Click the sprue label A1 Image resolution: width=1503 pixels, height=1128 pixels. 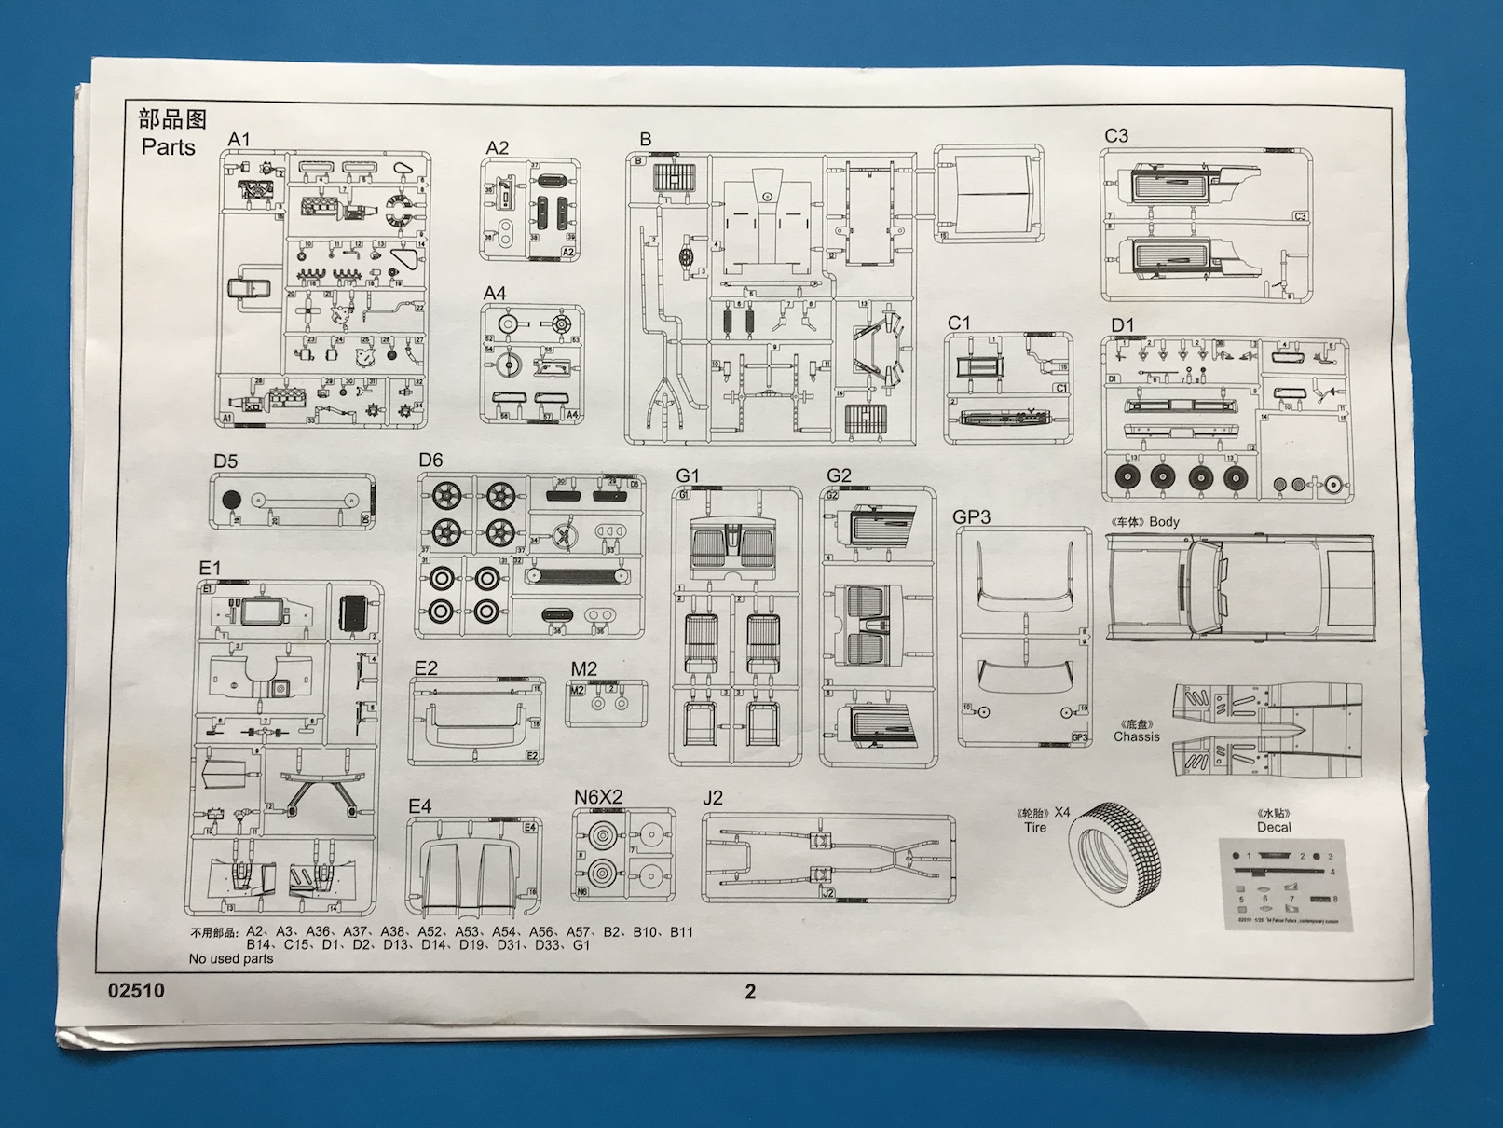click(239, 140)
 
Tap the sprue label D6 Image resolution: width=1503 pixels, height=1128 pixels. click(430, 460)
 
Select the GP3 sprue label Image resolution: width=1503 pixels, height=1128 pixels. click(971, 517)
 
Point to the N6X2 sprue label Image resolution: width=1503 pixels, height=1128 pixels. click(597, 797)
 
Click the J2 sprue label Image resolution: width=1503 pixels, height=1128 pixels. click(712, 798)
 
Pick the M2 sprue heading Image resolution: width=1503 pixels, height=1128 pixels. click(583, 669)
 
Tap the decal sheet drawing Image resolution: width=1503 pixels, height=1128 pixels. click(1283, 882)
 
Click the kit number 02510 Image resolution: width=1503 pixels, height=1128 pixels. click(136, 990)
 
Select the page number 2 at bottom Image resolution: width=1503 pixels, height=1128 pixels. click(750, 992)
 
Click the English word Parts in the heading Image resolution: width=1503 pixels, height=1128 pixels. click(169, 147)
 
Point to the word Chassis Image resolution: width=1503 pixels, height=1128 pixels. click(1137, 736)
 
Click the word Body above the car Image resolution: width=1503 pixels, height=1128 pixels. click(1164, 522)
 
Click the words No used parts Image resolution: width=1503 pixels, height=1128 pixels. click(231, 958)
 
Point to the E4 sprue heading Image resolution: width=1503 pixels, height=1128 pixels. click(419, 806)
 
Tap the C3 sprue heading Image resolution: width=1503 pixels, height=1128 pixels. click(1115, 136)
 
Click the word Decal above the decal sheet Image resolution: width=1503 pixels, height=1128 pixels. click(1274, 827)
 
